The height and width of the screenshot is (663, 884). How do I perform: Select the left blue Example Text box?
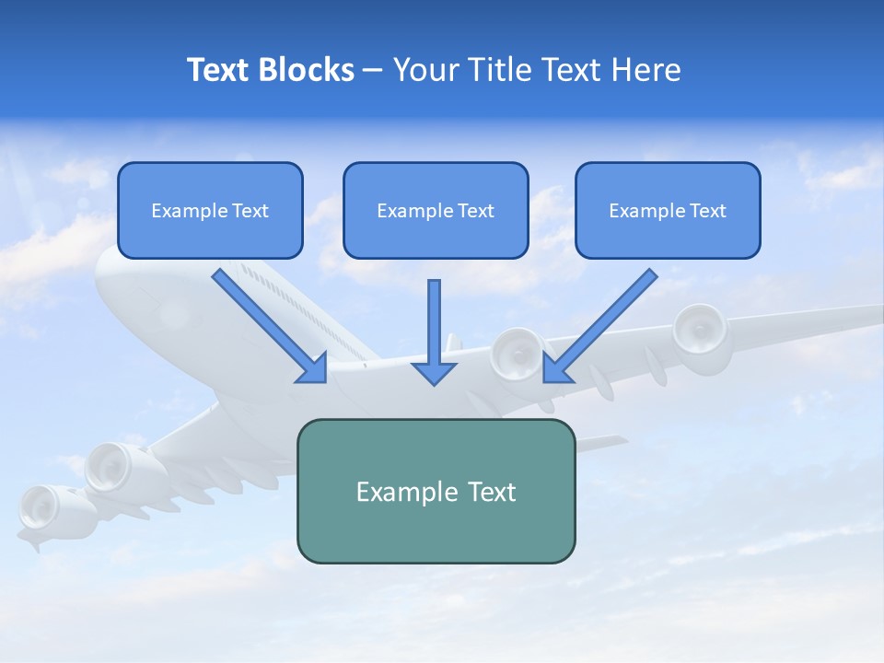coord(210,210)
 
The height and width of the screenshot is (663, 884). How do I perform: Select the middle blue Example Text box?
coord(436,210)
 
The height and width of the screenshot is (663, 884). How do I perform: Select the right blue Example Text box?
coord(668,210)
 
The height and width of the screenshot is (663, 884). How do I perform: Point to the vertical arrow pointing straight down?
coord(434,331)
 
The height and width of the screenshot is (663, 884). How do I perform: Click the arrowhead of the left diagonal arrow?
coord(313,368)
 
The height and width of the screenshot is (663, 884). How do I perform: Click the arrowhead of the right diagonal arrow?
coord(556,368)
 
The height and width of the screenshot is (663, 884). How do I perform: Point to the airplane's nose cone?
coord(106,276)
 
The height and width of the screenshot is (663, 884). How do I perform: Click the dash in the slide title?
coord(373,71)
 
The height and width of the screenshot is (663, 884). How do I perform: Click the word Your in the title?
coord(425,69)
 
